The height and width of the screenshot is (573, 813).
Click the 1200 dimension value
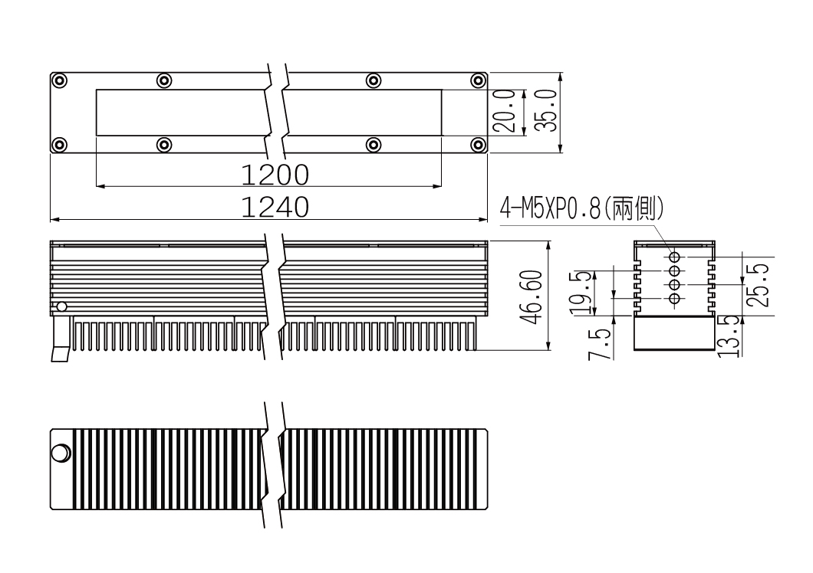coord(275,175)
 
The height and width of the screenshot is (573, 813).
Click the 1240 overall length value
coord(275,208)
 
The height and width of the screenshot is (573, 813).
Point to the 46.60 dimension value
coord(531,297)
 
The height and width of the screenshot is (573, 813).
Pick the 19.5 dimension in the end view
coord(581,293)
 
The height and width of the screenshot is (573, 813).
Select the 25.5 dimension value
coord(758,286)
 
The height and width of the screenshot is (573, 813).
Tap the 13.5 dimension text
coord(729,336)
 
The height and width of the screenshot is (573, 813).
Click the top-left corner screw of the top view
coord(60,81)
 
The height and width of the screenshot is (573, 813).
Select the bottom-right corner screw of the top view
coord(478,145)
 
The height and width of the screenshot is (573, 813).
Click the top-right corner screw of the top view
coord(478,81)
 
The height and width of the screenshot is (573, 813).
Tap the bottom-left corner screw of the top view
coord(60,145)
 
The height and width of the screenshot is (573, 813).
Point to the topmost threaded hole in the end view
coord(675,257)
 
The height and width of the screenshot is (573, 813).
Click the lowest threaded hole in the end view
coord(675,299)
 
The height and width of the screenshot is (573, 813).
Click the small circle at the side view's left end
coord(61,306)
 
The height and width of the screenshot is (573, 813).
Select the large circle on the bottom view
coord(61,453)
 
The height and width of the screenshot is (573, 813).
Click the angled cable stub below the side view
coord(61,339)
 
